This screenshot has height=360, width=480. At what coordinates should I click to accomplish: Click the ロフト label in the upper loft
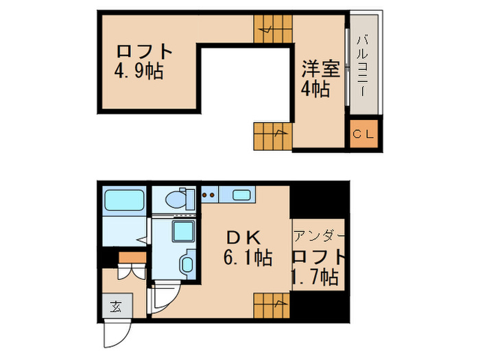click(x=143, y=51)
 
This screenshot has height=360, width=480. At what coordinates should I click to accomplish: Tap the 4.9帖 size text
click(x=139, y=71)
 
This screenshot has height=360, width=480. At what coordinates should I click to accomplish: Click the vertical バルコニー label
click(x=363, y=67)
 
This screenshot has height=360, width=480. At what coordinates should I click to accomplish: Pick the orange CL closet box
click(x=363, y=133)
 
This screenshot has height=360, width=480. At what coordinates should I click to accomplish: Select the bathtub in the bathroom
click(x=124, y=202)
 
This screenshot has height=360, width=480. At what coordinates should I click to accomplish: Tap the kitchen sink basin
click(x=241, y=195)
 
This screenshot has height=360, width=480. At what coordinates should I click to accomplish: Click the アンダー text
click(x=317, y=237)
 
